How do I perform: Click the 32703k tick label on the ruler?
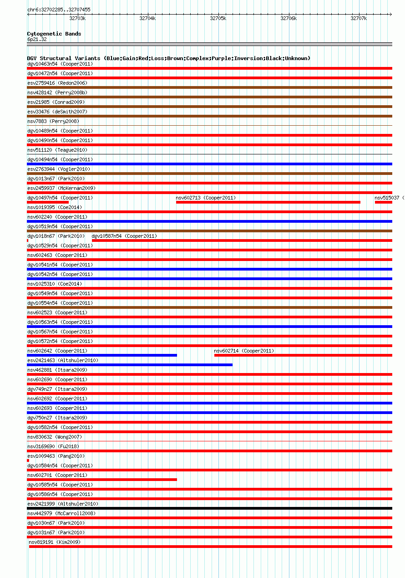[77, 18]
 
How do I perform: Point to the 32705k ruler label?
[218, 18]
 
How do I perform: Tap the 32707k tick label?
[359, 18]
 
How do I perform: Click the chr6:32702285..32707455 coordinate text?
[59, 10]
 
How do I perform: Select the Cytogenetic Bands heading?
[54, 34]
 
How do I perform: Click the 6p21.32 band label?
[37, 39]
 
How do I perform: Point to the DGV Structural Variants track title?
[168, 58]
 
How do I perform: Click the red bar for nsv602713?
[268, 202]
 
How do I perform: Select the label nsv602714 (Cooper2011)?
[244, 351]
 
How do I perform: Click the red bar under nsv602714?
[303, 355]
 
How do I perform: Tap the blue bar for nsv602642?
[102, 355]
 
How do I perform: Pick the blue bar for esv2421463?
[130, 365]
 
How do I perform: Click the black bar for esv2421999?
[209, 508]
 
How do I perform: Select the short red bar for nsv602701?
[102, 480]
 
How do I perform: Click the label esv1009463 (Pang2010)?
[56, 456]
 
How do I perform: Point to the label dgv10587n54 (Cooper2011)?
[124, 236]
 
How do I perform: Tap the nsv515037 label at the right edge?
[387, 198]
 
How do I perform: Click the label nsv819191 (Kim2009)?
[55, 542]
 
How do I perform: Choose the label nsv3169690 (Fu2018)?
[53, 446]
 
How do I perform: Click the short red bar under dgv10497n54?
[48, 202]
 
